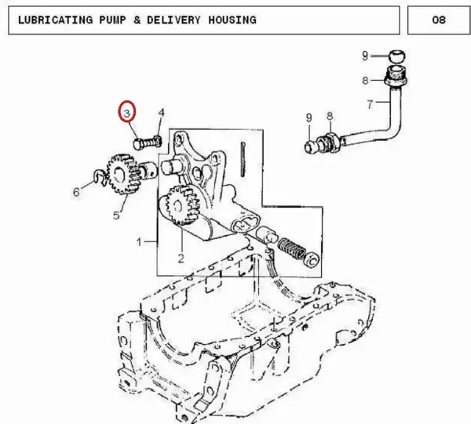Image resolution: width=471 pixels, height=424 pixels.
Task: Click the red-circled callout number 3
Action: (126, 114)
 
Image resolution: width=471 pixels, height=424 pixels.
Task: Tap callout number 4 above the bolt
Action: (161, 113)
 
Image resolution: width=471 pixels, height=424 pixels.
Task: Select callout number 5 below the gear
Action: (116, 215)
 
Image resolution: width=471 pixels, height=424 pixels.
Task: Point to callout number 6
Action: (76, 191)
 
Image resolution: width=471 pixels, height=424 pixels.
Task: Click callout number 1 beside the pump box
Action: (139, 241)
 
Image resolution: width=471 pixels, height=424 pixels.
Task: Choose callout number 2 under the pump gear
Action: (181, 258)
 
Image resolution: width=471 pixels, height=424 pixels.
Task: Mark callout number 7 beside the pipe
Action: (370, 104)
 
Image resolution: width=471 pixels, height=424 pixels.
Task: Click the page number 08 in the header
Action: (439, 20)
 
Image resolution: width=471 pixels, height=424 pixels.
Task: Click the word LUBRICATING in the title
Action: (55, 20)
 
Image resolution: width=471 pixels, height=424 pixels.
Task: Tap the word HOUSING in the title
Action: (232, 20)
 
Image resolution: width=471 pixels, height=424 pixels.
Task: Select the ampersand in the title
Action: (137, 20)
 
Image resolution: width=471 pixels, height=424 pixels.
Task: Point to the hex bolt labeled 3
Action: (148, 142)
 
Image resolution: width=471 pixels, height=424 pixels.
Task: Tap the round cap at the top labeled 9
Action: (396, 56)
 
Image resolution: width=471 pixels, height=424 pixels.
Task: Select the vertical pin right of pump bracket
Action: (243, 160)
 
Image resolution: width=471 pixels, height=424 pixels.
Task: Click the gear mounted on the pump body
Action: (183, 205)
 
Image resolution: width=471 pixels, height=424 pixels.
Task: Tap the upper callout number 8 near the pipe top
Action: (365, 81)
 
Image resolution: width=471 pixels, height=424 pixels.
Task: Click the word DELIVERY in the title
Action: (173, 20)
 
